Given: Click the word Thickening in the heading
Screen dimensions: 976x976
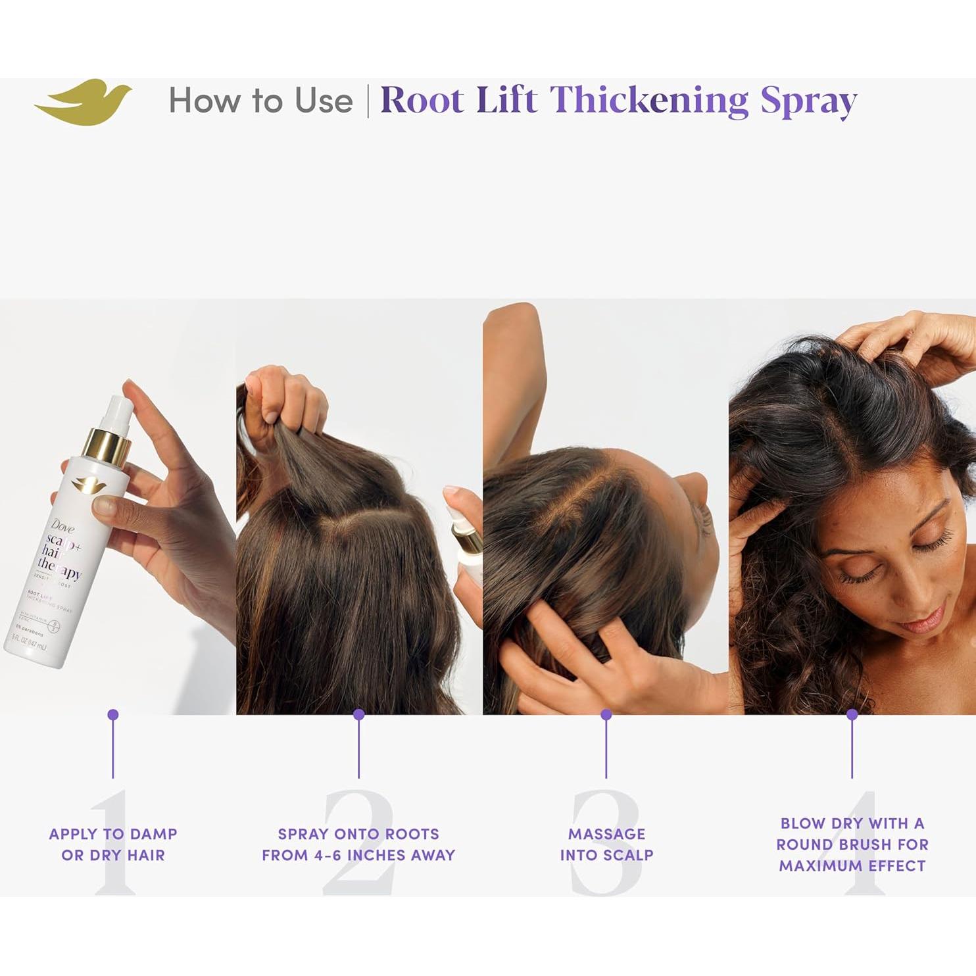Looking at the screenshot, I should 649,101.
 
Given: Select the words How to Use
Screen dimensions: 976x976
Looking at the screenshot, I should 260,101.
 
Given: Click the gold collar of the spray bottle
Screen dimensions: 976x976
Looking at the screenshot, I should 107,445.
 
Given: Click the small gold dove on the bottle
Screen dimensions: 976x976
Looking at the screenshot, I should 85,485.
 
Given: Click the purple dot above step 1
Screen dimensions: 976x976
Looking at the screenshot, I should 113,714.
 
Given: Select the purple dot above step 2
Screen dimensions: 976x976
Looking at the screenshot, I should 358,714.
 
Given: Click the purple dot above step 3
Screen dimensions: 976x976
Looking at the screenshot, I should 606,714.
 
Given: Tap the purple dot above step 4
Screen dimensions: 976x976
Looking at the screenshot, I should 852,714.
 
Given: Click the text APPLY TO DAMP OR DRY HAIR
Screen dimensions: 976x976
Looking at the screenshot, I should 113,844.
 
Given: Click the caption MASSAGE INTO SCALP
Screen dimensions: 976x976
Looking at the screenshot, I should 606,844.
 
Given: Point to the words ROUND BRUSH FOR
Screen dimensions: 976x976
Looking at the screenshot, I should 852,844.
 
